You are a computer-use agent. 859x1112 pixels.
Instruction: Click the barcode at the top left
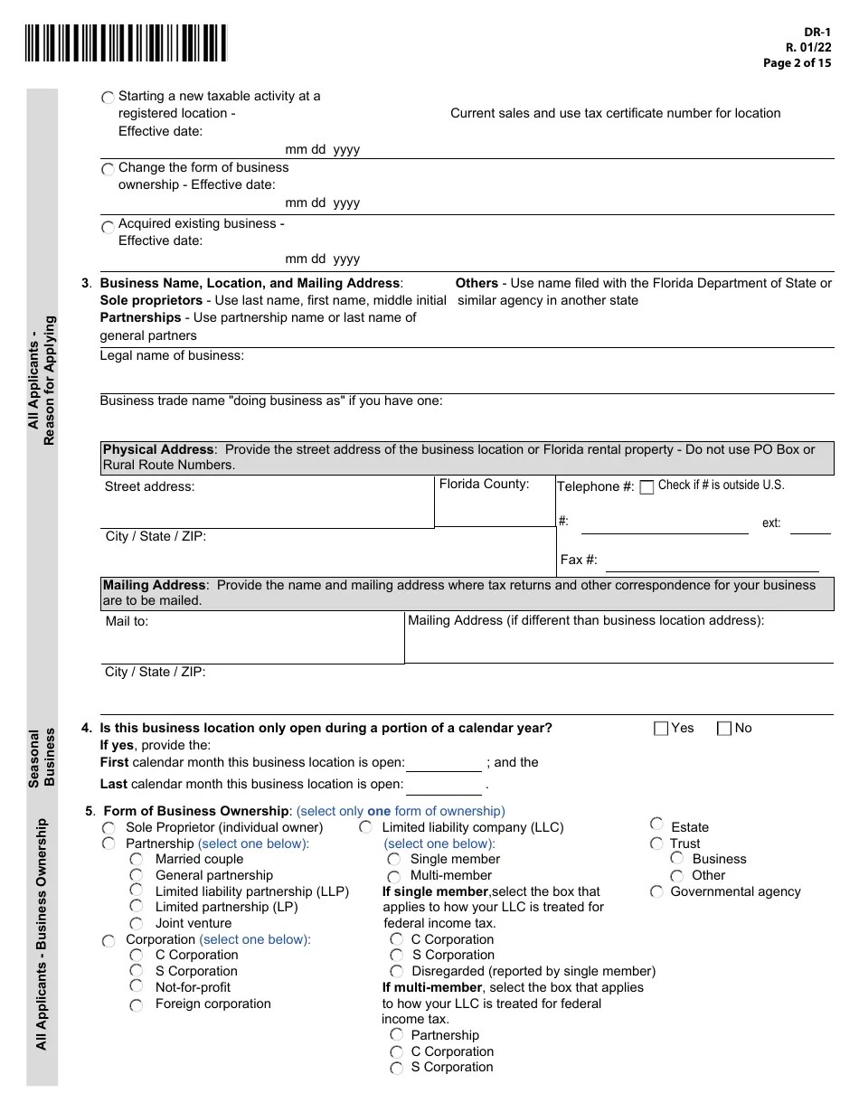(126, 43)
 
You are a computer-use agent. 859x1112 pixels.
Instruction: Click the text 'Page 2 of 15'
(797, 63)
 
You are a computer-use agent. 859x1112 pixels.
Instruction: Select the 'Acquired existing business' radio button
(109, 227)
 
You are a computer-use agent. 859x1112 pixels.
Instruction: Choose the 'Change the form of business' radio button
(109, 170)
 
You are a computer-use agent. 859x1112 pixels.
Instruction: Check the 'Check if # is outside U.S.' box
(647, 487)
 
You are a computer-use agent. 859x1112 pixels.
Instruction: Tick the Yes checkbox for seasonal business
(661, 729)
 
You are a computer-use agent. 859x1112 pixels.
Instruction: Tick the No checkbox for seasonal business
(724, 729)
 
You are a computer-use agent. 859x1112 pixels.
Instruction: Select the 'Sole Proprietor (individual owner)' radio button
(109, 828)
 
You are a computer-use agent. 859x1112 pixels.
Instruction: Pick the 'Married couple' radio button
(137, 860)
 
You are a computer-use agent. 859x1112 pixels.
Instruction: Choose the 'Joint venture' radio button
(137, 924)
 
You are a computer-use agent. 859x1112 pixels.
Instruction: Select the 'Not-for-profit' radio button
(137, 987)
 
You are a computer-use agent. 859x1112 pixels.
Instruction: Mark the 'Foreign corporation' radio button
(137, 1004)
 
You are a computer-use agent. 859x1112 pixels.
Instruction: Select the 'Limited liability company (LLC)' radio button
(366, 827)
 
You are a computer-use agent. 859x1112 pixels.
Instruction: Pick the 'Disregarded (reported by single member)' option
(397, 972)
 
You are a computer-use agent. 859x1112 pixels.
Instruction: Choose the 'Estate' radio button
(656, 825)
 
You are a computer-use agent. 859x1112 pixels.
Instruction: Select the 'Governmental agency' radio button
(656, 892)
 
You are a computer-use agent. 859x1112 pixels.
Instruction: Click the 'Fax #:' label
(579, 560)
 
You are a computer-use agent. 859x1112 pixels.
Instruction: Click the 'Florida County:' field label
(484, 485)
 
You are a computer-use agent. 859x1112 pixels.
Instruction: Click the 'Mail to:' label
(127, 622)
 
